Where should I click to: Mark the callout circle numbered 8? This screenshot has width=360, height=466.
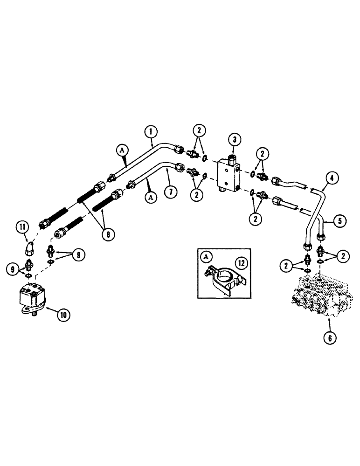(x=108, y=234)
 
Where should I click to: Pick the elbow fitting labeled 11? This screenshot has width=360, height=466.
(x=29, y=247)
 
